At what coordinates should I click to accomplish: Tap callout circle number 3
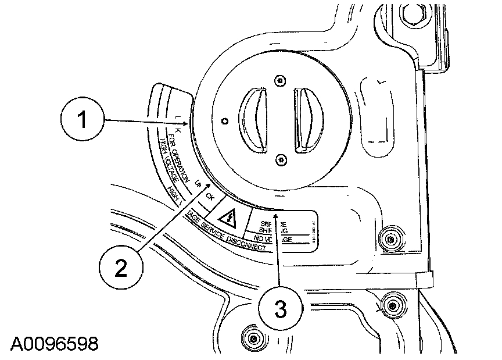click(281, 308)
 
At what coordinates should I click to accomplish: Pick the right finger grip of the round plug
click(306, 120)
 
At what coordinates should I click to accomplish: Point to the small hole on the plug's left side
click(225, 120)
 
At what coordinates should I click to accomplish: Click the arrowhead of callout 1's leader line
click(187, 123)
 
